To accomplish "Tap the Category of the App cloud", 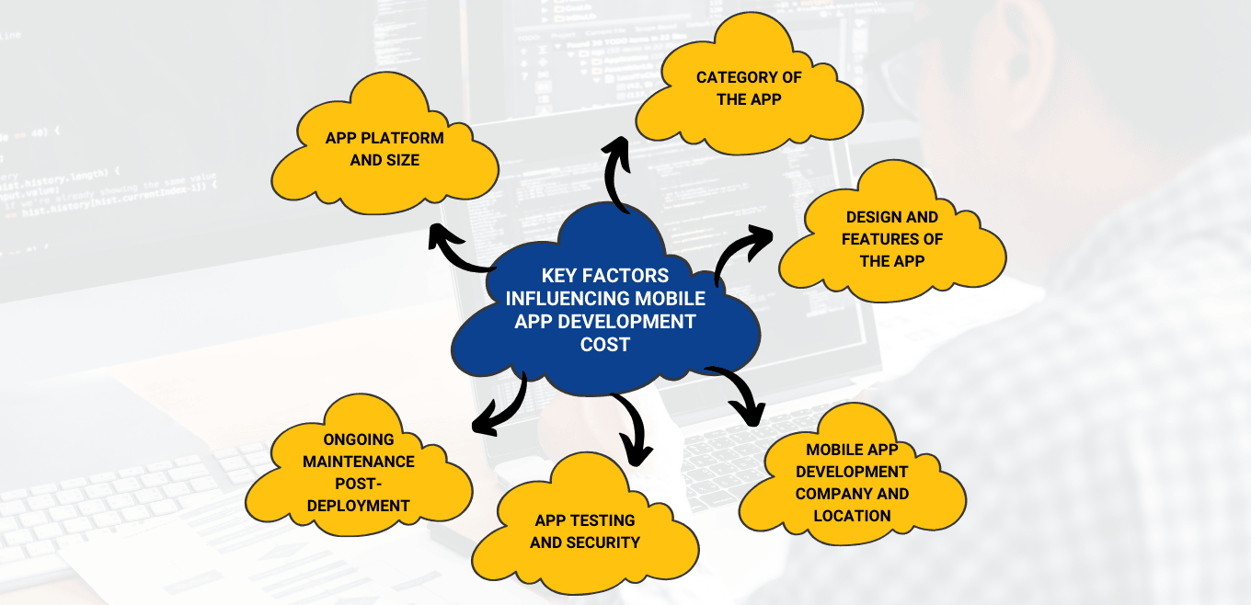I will click(749, 88).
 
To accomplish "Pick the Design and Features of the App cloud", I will click(892, 238).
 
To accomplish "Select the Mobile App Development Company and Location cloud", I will click(852, 482).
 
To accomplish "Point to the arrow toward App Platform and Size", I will click(460, 254).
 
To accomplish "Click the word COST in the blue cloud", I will click(605, 344).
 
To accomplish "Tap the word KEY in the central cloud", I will click(559, 275).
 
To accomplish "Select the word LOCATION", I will click(852, 516).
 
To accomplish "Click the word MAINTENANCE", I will click(359, 461).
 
